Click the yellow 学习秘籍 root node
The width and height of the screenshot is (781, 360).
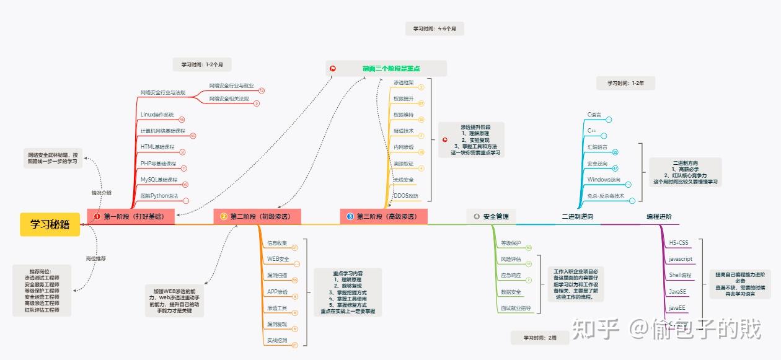tap(50, 224)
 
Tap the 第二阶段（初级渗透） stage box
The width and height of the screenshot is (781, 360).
tap(257, 216)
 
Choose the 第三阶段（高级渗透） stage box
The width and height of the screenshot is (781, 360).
tap(384, 216)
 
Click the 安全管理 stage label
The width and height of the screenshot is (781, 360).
tap(495, 216)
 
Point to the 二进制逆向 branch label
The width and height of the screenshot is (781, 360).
tap(577, 216)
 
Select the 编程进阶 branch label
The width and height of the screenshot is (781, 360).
tap(658, 216)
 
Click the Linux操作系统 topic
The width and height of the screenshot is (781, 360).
tap(157, 115)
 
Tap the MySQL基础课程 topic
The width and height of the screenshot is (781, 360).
tap(159, 180)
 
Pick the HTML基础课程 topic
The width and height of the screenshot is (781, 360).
tap(158, 147)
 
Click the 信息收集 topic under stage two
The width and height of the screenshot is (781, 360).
tap(276, 242)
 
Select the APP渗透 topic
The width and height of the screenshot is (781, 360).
tap(277, 291)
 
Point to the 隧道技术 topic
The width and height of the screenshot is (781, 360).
tap(404, 131)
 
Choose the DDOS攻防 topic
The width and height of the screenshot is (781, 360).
tap(405, 196)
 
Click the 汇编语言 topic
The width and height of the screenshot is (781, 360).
tap(598, 147)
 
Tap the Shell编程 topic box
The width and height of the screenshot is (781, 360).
tap(680, 274)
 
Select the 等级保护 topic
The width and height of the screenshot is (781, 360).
tap(511, 243)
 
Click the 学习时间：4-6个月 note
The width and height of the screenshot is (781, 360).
tap(435, 29)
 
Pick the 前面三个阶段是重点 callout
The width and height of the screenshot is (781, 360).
tap(391, 68)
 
